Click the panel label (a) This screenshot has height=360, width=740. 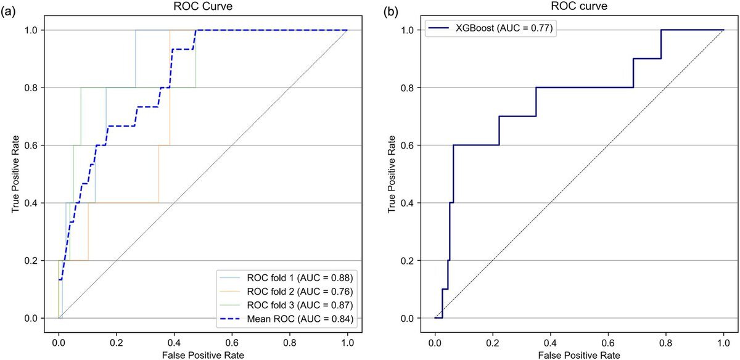9,10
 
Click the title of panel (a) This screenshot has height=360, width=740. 203,8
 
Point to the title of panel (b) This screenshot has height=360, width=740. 579,8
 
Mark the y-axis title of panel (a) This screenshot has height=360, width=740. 15,173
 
